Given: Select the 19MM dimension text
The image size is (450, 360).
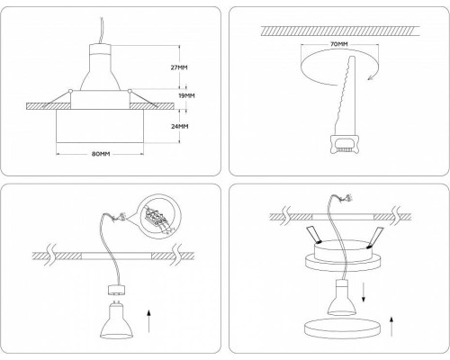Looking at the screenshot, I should pyautogui.click(x=186, y=95).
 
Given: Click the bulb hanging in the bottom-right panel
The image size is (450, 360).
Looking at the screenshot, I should pyautogui.click(x=343, y=297).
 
